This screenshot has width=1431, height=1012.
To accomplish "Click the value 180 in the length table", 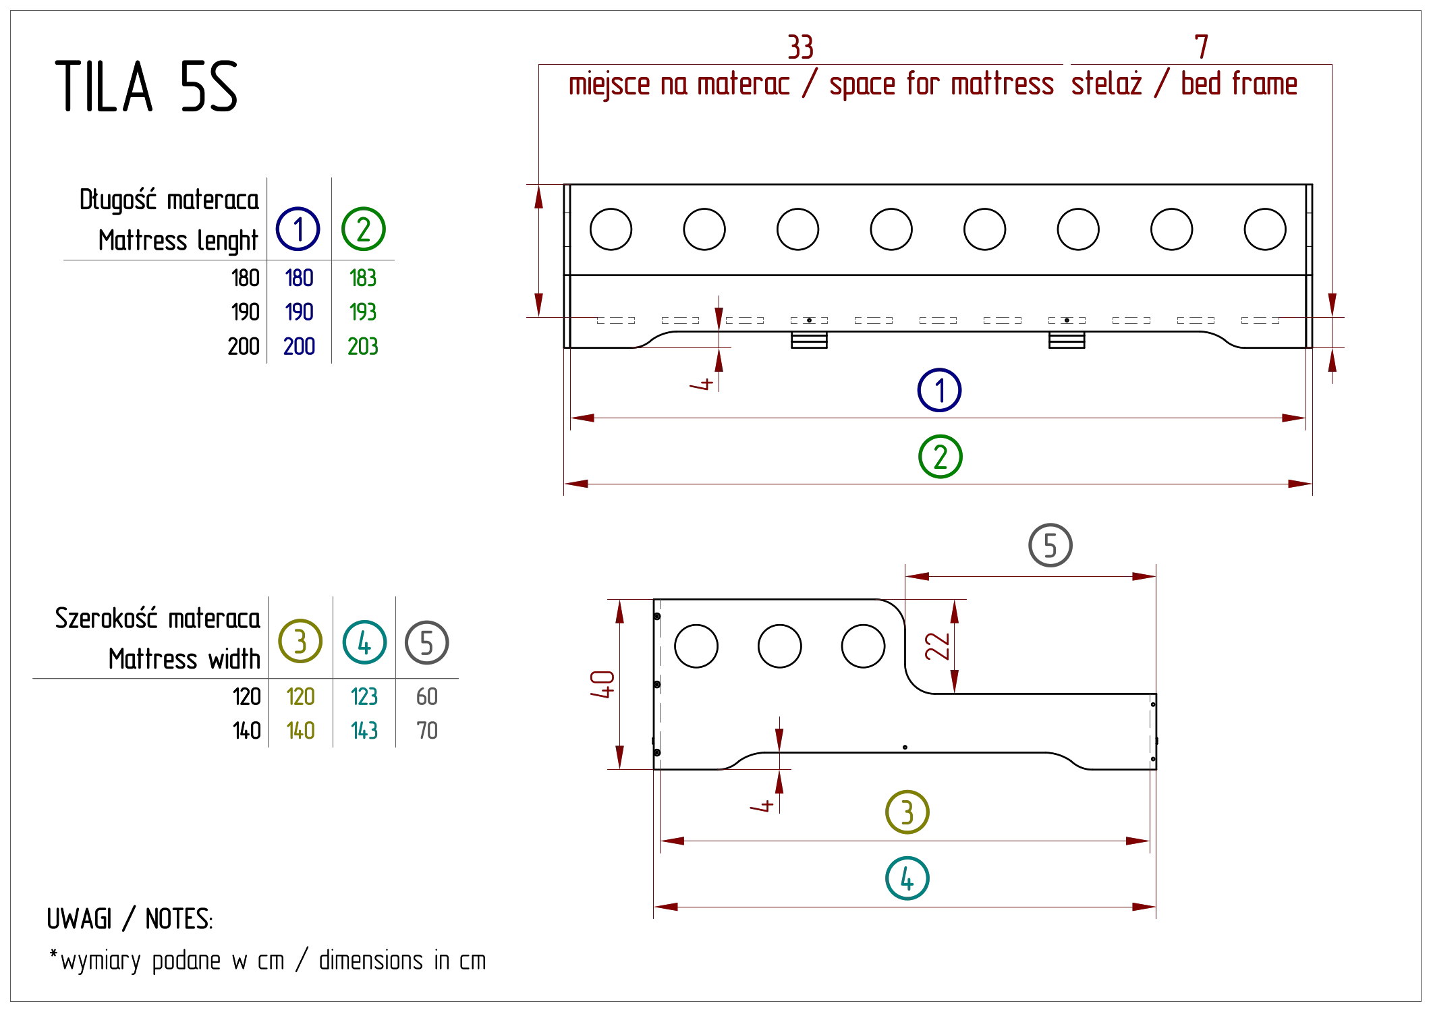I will tap(298, 279).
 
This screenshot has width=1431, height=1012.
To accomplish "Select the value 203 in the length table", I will tap(362, 346).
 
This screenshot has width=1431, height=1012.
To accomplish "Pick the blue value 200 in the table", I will tap(298, 346).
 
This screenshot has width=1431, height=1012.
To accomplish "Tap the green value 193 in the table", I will tap(362, 313).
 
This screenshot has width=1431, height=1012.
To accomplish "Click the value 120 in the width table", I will tap(301, 696).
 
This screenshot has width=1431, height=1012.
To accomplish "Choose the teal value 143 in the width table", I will tap(364, 729).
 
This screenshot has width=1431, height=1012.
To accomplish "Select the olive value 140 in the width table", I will tap(301, 729).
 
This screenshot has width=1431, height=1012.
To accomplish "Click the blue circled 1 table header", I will tap(298, 229).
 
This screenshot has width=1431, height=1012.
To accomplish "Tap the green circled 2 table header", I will tap(364, 229).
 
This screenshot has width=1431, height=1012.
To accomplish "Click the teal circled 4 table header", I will tap(364, 642).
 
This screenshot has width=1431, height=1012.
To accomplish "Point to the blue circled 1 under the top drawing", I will tap(939, 390).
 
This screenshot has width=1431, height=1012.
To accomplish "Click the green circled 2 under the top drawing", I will tap(941, 456).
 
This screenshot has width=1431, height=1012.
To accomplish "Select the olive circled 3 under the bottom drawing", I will tap(908, 812).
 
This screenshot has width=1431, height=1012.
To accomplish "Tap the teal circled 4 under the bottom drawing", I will tap(908, 878).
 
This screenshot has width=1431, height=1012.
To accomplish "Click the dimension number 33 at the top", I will tap(802, 47).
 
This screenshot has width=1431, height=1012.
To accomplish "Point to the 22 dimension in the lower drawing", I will tap(937, 646).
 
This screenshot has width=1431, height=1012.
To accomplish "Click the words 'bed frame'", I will tap(1240, 85).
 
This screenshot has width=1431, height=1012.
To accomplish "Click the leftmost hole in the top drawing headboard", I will tap(611, 229).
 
